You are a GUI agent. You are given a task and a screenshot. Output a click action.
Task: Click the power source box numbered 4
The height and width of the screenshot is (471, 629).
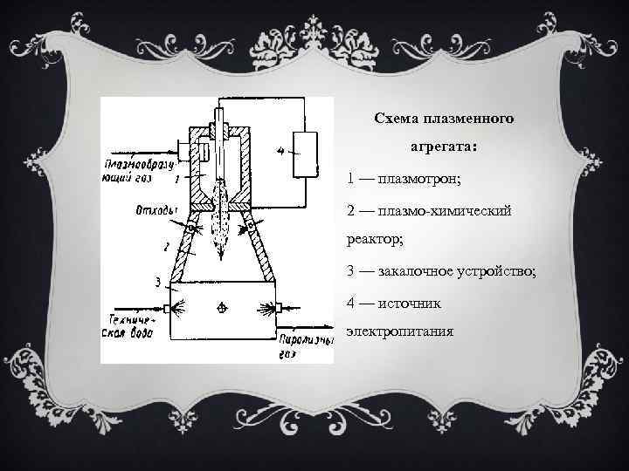coord(305,155)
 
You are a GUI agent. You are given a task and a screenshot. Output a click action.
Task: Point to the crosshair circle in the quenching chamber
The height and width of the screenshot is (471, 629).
coord(223,308)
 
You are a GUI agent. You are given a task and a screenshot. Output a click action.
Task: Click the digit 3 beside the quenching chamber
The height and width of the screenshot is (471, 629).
coord(157,282)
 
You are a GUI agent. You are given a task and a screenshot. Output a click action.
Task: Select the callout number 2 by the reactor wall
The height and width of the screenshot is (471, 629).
coord(165,248)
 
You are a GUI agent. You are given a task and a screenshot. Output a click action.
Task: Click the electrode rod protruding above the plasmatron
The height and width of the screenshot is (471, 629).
coord(223,111)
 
